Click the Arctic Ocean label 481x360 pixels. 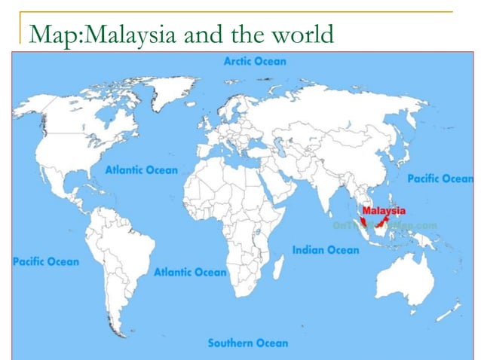[255, 61]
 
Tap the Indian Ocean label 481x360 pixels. [326, 250]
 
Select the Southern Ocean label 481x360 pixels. [247, 343]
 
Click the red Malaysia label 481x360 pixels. [384, 211]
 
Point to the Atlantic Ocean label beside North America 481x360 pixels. [141, 170]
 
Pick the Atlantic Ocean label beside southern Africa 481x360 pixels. [190, 272]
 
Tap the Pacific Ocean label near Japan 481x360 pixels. [440, 179]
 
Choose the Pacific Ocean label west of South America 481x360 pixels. [45, 262]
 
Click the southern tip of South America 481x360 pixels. [117, 332]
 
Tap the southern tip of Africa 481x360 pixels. [245, 297]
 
